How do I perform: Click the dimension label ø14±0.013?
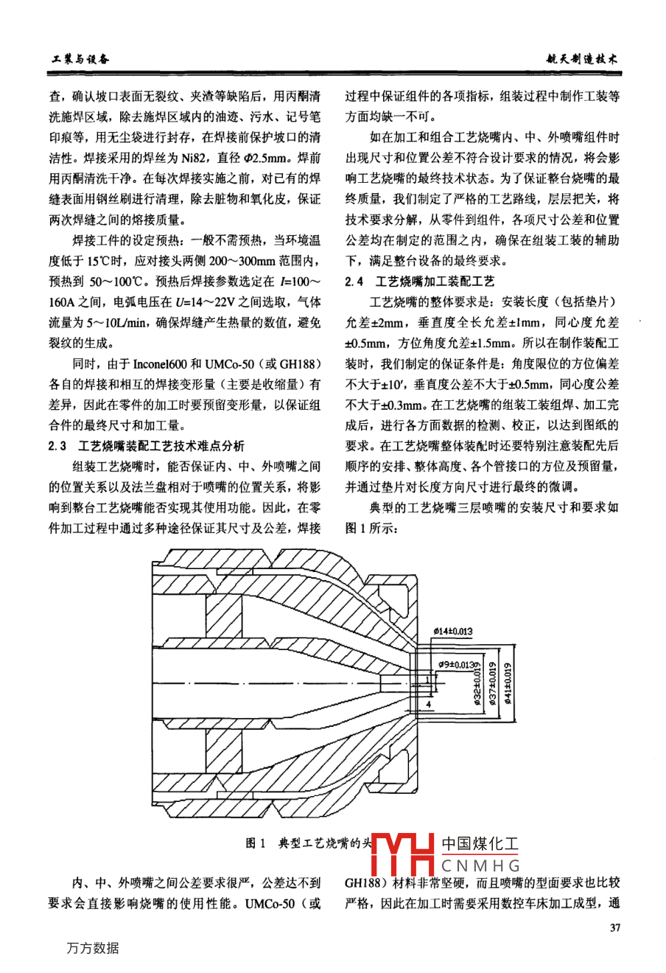(x=452, y=632)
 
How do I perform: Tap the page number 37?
(x=614, y=927)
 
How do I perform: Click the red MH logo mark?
(x=403, y=856)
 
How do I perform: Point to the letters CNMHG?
(x=481, y=865)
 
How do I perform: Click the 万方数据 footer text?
(x=92, y=948)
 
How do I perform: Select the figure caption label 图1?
(x=255, y=843)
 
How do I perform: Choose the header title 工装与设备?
(x=79, y=59)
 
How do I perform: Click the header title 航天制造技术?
(x=581, y=59)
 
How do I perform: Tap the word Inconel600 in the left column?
(x=163, y=364)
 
